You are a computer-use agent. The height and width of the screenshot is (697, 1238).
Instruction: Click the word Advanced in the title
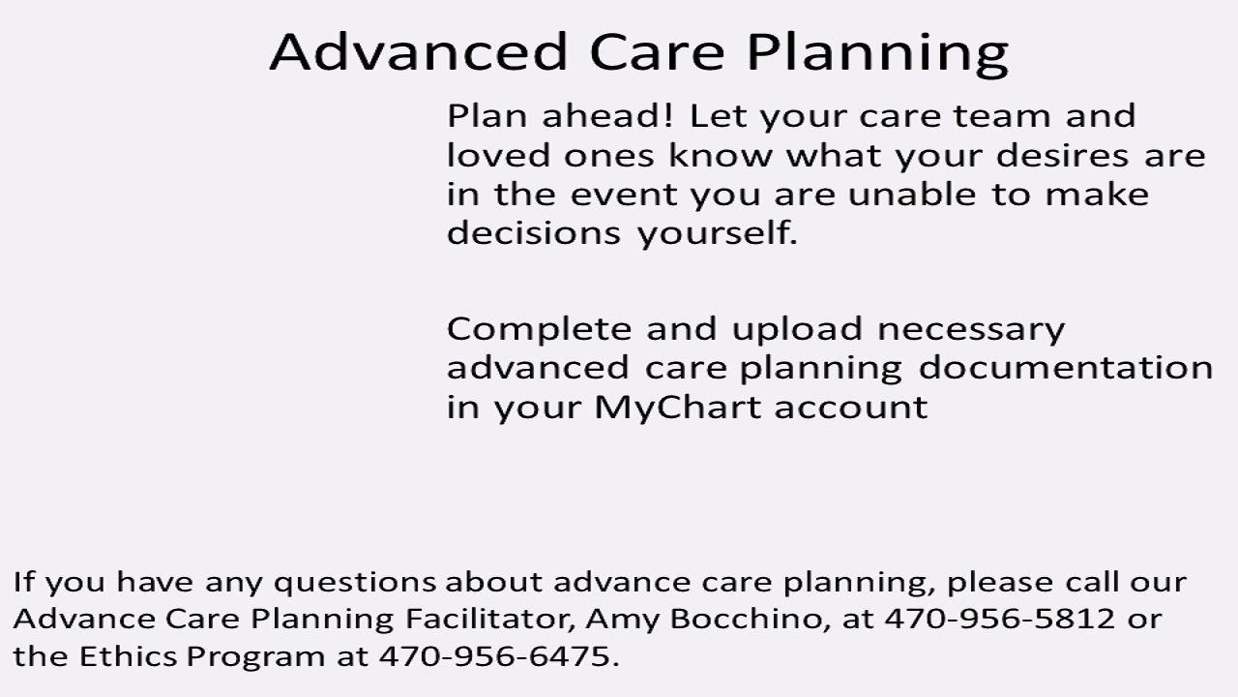coord(419,51)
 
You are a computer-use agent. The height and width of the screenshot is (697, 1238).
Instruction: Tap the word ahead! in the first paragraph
coord(608,115)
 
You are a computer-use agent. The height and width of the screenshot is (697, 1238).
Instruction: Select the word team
coord(1002,116)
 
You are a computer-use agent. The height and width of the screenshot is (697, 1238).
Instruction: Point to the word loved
coord(498,155)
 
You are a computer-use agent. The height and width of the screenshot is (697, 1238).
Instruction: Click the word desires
coord(1062,155)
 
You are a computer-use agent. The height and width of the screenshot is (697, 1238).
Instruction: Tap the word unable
coord(912,195)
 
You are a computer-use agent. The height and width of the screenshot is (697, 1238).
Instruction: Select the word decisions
coord(534,232)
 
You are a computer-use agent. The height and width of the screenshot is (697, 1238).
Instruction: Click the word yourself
coord(718,233)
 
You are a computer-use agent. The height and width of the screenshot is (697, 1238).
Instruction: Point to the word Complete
coord(539,329)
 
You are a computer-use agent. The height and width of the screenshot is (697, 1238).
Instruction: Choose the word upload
coord(797,329)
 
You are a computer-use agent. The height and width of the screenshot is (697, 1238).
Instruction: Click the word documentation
coord(1066,367)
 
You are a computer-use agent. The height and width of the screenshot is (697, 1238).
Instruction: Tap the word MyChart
coord(678,408)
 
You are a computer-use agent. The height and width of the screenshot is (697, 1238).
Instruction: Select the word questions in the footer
coord(355,582)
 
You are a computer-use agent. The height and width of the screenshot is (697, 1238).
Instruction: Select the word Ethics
coord(129,656)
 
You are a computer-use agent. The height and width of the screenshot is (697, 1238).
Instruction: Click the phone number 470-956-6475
coord(499,656)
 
